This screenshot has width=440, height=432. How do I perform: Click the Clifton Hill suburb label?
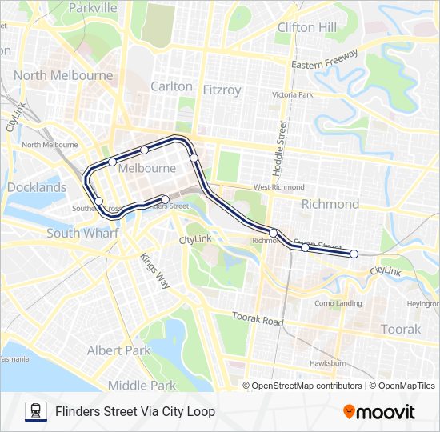[x=306, y=27]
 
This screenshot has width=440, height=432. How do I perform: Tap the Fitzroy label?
[x=222, y=90]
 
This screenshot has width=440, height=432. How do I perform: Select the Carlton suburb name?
[x=171, y=86]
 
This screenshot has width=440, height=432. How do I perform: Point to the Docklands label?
[x=37, y=187]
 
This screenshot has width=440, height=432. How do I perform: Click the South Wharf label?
[x=82, y=233]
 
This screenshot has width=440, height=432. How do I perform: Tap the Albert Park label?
[x=118, y=350]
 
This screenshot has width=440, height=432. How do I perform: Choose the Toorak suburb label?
[x=401, y=330]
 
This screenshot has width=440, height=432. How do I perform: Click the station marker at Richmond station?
[x=274, y=234]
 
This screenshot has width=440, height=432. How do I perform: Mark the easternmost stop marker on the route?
[x=354, y=254]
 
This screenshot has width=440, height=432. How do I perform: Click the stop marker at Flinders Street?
[x=165, y=199]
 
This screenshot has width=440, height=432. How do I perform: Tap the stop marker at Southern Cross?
[x=99, y=201]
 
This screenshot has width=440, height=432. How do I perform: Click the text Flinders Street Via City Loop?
[x=135, y=412]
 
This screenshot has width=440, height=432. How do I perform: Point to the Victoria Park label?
[x=293, y=94]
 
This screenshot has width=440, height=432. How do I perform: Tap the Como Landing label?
[x=338, y=303]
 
